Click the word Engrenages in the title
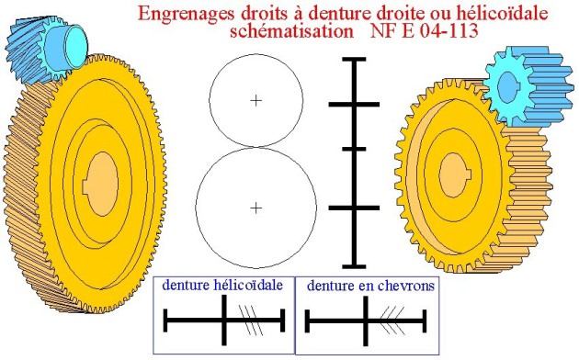tap(187, 14)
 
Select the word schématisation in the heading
tap(291, 31)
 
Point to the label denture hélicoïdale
tap(222, 285)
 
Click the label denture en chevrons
tap(370, 286)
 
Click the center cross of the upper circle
tap(255, 100)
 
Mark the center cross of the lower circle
tap(255, 208)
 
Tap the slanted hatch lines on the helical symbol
tap(251, 320)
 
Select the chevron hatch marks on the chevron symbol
tap(392, 320)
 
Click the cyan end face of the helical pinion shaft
tap(76, 47)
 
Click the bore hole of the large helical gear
tap(102, 184)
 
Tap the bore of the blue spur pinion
tap(507, 88)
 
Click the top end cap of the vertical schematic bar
tap(354, 59)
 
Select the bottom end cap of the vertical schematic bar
tap(354, 266)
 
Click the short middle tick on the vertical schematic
tap(354, 149)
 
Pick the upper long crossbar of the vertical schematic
tap(354, 105)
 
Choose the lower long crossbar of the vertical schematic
tap(354, 208)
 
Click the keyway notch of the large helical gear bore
tap(85, 186)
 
